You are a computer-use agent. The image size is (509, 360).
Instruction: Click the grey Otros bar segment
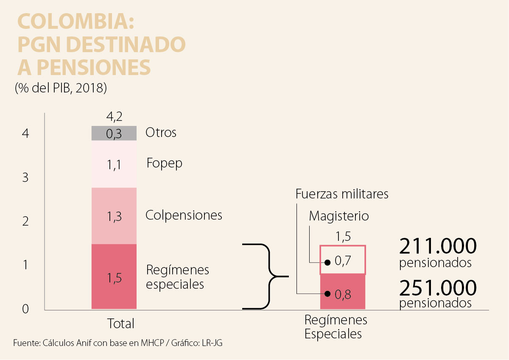click(114, 133)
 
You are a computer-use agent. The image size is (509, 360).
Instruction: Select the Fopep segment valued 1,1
click(114, 164)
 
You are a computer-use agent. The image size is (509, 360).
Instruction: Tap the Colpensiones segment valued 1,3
click(114, 216)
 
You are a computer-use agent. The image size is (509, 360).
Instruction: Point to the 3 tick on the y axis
click(25, 177)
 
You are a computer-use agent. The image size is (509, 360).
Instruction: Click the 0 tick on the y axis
click(25, 309)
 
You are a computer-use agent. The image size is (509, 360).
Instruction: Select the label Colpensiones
click(184, 215)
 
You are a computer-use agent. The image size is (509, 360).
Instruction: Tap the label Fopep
click(164, 163)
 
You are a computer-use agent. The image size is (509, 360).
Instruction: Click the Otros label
click(161, 133)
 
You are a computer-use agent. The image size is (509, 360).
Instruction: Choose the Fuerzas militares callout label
click(342, 194)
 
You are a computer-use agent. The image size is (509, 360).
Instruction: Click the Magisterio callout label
click(339, 216)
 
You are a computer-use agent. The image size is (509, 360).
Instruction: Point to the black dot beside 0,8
click(327, 293)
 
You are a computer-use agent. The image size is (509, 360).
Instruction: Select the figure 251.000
click(438, 288)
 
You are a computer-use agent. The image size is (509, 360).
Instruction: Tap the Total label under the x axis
click(120, 324)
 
